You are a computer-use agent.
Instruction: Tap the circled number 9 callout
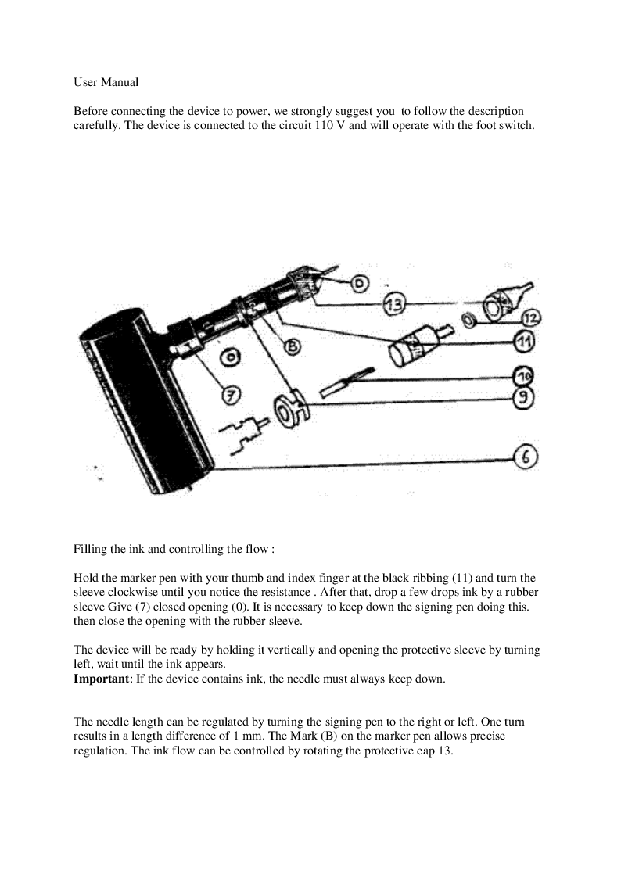point(523,397)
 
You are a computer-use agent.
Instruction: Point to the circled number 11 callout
point(525,341)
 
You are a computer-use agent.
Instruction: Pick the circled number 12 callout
point(531,317)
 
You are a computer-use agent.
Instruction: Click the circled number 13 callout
point(394,306)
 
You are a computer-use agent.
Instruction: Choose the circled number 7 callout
point(230,396)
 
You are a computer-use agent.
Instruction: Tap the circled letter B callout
point(292,345)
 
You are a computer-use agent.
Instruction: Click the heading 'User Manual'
point(106,82)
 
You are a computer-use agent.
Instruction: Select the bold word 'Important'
point(102,679)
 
